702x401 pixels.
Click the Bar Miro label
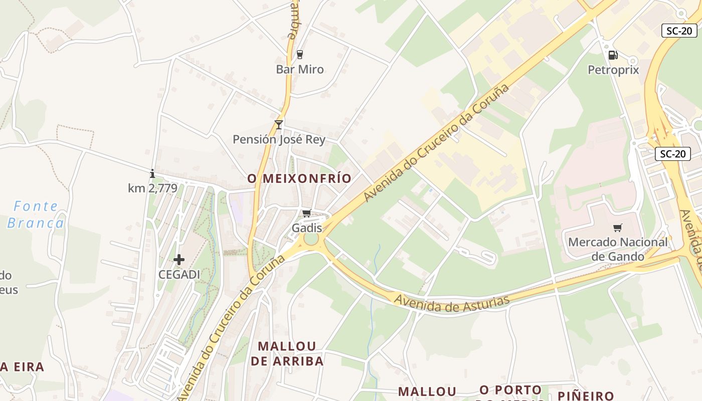pos(300,69)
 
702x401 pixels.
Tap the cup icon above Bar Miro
pos(300,54)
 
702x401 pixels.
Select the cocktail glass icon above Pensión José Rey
pos(279,124)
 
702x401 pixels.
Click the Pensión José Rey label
pos(279,139)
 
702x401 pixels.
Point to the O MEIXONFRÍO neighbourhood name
pos(299,178)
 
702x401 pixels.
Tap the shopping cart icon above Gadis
pos(307,214)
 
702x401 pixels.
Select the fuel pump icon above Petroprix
pos(613,55)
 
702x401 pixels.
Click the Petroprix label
pos(613,70)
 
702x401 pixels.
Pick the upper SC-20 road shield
pos(679,31)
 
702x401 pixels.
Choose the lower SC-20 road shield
pos(672,154)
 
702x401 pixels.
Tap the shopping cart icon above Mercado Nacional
pos(618,228)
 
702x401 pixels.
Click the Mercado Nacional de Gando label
pos(618,249)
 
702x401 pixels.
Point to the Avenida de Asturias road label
pos(452,303)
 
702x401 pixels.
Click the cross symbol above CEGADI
pos(179,260)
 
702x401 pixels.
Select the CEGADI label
pos(179,275)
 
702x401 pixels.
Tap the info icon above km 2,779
pos(152,174)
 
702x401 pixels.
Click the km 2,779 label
pos(152,188)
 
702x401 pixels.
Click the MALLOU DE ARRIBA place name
pos(287,353)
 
